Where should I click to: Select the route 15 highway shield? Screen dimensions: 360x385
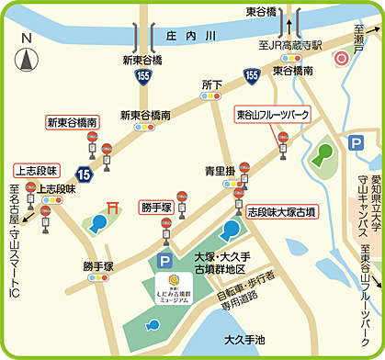point(84,172)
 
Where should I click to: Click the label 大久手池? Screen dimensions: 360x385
point(249,339)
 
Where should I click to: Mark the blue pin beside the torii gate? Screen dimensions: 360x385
point(99,222)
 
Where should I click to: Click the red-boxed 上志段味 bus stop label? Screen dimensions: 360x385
point(36,169)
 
